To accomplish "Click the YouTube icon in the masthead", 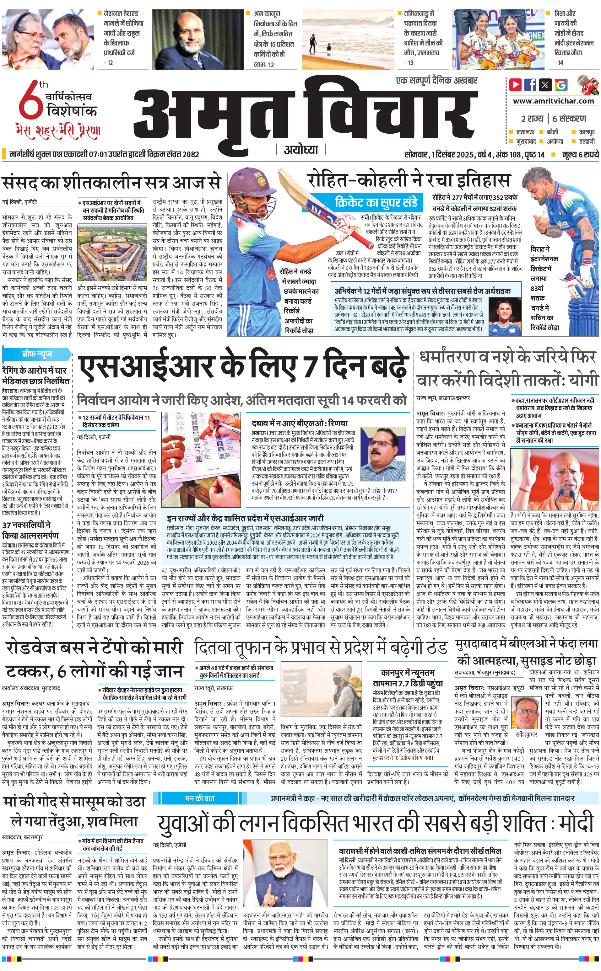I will (516, 85).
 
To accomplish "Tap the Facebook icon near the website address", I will (530, 85).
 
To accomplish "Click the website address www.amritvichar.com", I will (553, 101).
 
